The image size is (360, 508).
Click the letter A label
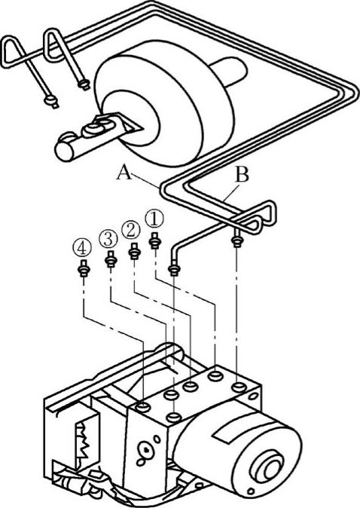124,173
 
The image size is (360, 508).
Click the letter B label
242,174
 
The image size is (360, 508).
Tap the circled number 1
154,219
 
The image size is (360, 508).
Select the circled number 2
131,231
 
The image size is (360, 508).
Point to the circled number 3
108,240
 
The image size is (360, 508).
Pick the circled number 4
82,249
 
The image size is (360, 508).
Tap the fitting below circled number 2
134,252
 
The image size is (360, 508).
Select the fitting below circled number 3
111,259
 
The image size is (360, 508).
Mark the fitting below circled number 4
84,268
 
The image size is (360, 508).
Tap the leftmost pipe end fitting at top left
52,102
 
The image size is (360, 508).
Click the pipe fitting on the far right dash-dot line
237,240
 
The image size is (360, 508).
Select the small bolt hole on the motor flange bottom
250,491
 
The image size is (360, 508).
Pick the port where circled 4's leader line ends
143,406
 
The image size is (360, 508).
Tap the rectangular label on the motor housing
226,432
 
